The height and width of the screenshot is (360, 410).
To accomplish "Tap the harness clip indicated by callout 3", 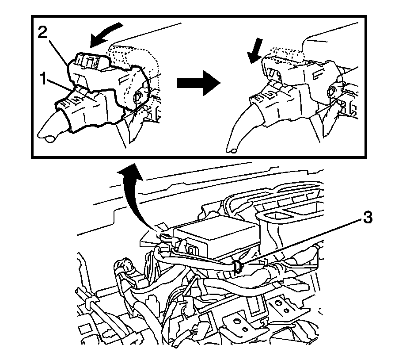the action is coord(237,265).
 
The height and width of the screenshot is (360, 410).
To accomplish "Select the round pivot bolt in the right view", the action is coord(330,92).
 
